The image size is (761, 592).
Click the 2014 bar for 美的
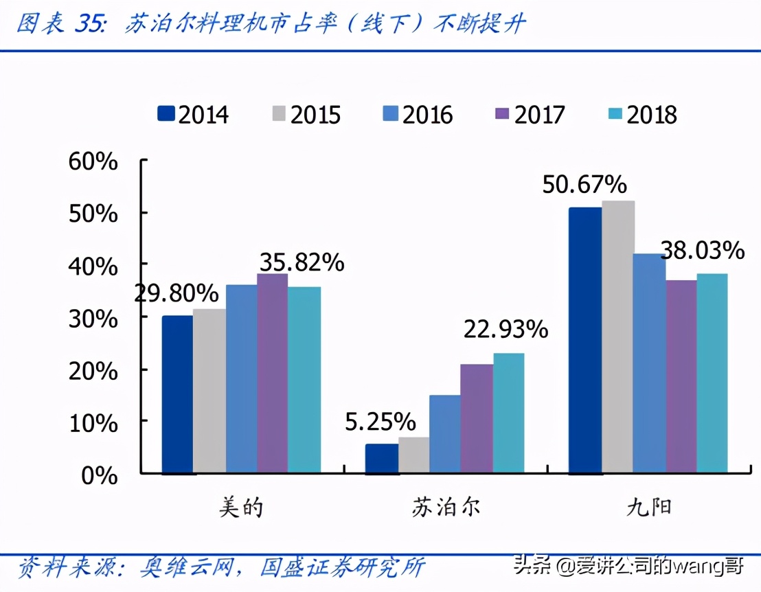tap(177, 395)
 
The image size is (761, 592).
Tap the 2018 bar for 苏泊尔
tap(509, 413)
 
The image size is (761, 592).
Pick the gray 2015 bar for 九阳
tap(617, 337)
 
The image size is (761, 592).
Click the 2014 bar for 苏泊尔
tap(381, 459)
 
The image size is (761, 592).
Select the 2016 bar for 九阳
tap(649, 363)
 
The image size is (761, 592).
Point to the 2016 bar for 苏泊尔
tap(444, 434)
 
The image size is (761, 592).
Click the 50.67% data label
tap(584, 185)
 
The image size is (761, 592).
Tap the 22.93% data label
tap(506, 330)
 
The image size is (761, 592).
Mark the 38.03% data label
tap(702, 251)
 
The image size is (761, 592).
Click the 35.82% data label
tap(301, 262)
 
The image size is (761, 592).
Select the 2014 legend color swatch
tap(166, 113)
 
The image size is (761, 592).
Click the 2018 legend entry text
tap(651, 114)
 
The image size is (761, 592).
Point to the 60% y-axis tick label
tap(93, 162)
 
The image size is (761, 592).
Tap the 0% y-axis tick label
tap(100, 475)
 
